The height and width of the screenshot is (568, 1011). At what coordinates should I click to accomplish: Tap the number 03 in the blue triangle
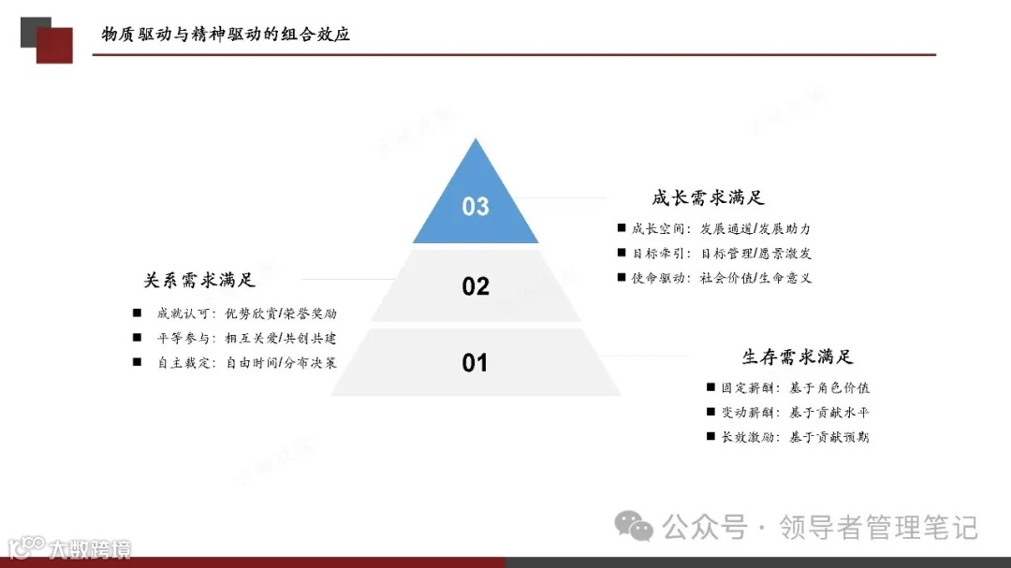coord(476,206)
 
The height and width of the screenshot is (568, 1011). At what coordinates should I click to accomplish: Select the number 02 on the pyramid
coord(476,286)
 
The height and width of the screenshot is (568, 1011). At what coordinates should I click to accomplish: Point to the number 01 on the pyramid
coord(476,362)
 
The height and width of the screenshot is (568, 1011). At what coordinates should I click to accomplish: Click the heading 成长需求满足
coord(709,197)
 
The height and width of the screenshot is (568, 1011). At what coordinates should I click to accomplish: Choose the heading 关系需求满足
coord(199,280)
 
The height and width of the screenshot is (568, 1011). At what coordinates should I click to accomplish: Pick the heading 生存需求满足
coord(798,357)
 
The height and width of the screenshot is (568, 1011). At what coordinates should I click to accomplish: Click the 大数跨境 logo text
coord(90,548)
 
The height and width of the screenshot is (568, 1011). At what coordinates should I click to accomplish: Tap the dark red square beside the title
coord(55,45)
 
